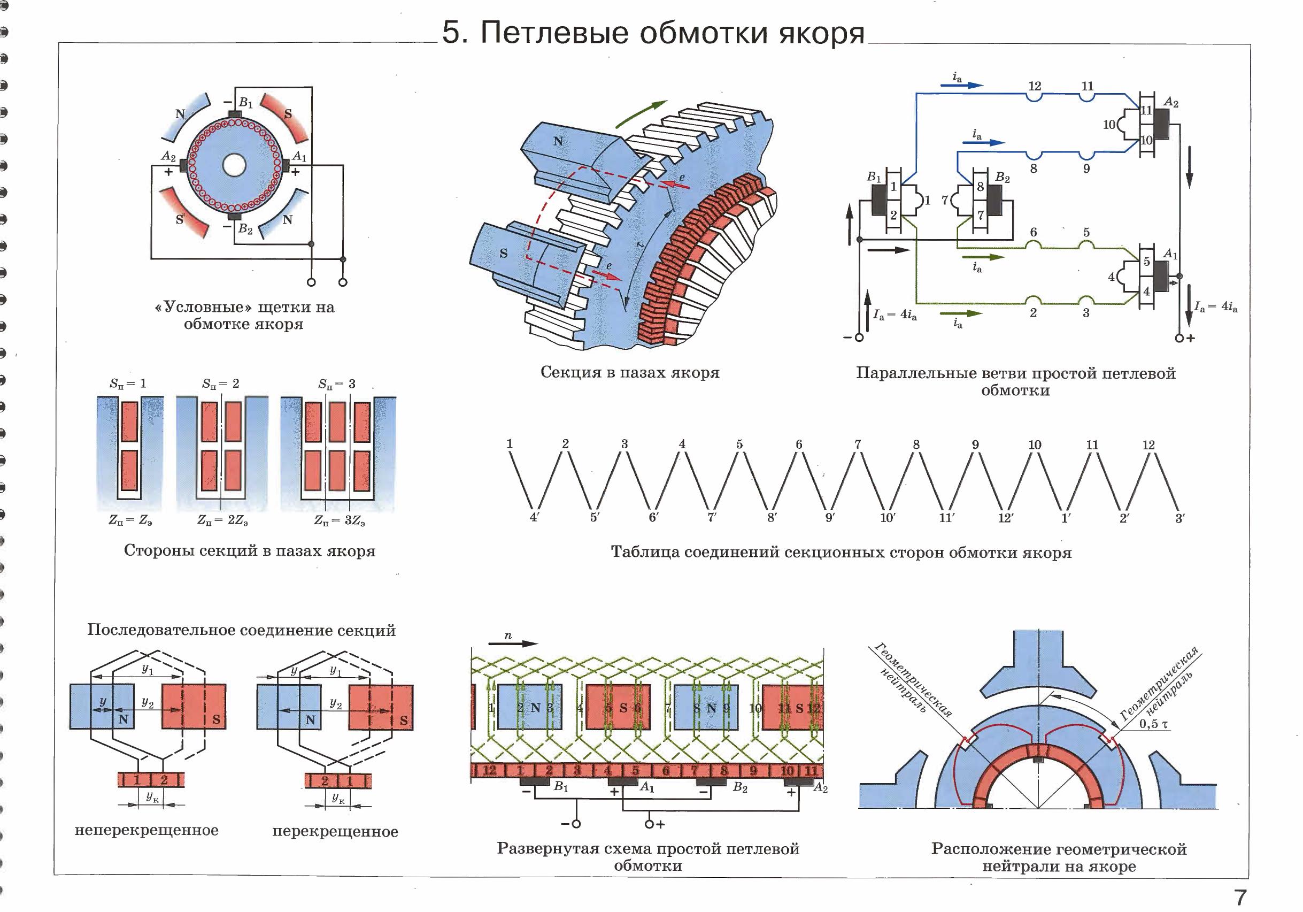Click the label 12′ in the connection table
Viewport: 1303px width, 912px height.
1006,518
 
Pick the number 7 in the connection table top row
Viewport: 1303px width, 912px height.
858,444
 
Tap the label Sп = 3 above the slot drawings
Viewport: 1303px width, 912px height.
336,384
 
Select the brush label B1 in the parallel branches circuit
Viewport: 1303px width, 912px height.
874,177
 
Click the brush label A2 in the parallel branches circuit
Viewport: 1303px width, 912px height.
1171,102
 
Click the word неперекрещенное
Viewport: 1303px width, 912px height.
147,830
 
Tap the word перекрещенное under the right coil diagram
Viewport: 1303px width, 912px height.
335,831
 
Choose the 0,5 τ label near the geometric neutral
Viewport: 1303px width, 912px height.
1153,724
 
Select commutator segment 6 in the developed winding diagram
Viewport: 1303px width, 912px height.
666,771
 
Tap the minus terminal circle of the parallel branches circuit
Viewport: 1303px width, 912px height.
859,338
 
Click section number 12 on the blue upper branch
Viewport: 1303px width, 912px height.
1035,86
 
